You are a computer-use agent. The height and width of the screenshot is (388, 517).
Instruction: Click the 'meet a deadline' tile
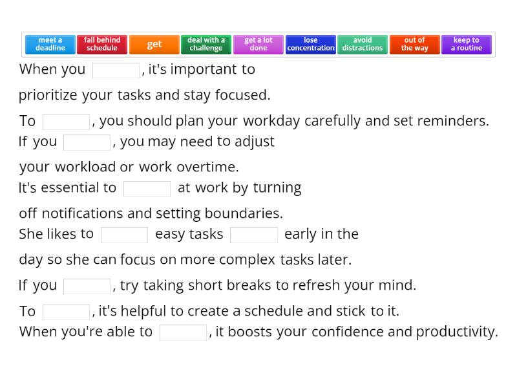[x=50, y=45]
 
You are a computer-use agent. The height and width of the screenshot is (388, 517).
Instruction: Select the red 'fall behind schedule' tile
[x=102, y=45]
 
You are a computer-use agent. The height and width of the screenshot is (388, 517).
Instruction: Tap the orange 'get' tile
[x=154, y=45]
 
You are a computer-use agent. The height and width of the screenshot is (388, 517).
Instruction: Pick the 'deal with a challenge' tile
[x=206, y=45]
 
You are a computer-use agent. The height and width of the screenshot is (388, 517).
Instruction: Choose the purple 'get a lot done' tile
[x=258, y=45]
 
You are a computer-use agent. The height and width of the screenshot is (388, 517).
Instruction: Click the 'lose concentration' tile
[x=311, y=45]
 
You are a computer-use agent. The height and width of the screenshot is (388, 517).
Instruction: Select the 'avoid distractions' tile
[x=363, y=45]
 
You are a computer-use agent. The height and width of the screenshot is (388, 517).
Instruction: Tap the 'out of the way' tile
[x=414, y=45]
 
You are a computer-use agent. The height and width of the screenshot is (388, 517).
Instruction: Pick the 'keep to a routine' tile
[x=467, y=45]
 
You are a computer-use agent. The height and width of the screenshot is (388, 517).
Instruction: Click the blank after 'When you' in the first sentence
[x=116, y=70]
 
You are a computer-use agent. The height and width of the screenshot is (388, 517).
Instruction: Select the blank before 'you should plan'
[x=66, y=122]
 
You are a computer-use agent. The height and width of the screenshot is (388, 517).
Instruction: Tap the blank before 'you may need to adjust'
[x=87, y=142]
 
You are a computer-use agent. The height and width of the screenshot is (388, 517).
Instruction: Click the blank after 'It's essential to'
[x=147, y=188]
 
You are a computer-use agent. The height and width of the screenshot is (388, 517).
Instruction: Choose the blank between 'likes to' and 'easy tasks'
[x=124, y=235]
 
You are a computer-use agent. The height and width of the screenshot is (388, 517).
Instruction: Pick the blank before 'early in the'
[x=254, y=235]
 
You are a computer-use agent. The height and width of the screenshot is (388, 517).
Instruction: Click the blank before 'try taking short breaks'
[x=87, y=286]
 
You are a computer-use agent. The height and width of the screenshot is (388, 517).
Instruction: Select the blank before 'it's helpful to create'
[x=66, y=312]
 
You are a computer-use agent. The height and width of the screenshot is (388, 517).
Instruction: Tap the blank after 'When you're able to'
[x=183, y=332]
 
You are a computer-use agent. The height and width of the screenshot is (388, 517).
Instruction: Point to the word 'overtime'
[x=211, y=167]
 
